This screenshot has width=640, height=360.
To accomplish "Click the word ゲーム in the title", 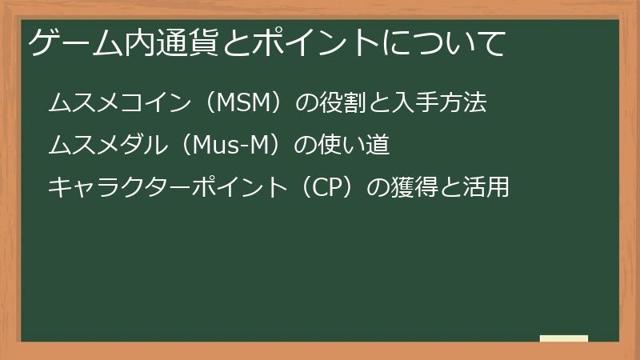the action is coord(75,43).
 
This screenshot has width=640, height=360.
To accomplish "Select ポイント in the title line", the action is coord(315,43).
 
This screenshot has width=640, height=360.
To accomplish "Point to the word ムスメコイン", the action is coord(119,102).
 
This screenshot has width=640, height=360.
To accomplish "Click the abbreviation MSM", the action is coord(244,102).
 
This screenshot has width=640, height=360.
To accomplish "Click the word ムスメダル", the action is coord(108,145).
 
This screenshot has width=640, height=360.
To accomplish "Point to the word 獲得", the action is coord(414,187).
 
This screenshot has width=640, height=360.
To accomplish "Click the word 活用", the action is coord(486,187).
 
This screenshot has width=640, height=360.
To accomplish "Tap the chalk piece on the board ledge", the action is coord(564,338).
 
